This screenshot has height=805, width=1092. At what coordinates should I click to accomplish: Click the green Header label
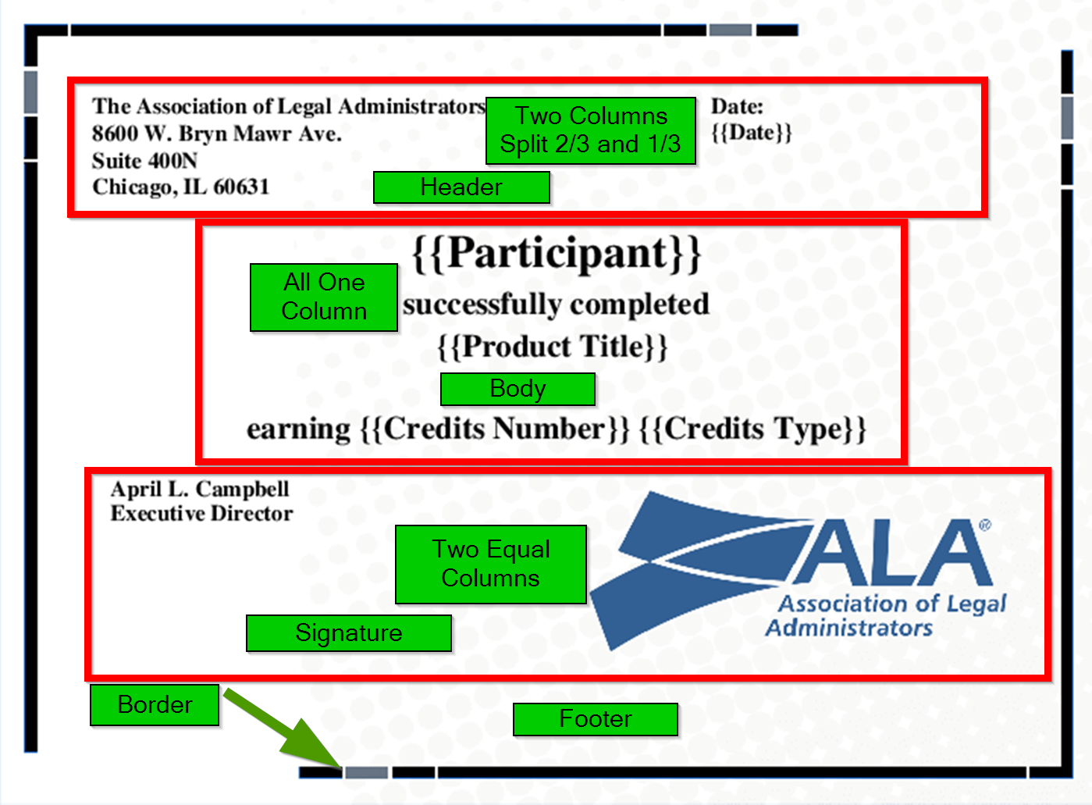click(x=461, y=187)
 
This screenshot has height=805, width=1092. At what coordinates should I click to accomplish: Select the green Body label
click(x=518, y=389)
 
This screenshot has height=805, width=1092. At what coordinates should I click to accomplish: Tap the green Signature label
click(x=348, y=632)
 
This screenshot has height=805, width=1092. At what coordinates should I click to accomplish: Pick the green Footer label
click(x=595, y=719)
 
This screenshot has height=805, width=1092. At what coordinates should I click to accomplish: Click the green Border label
click(x=155, y=705)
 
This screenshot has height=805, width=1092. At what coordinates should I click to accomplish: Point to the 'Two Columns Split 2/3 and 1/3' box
click(x=590, y=130)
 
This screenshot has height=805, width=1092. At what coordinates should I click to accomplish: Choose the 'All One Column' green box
click(x=323, y=297)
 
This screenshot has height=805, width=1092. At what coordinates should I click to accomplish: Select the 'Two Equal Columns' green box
click(x=490, y=564)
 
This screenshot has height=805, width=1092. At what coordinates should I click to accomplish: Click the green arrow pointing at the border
click(x=281, y=727)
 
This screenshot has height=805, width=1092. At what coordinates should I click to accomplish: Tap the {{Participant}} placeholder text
click(x=556, y=254)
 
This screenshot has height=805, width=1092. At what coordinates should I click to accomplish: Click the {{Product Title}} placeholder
click(x=553, y=346)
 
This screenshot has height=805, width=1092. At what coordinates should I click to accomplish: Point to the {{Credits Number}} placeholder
click(x=494, y=429)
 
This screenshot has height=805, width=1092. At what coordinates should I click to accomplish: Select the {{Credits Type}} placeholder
click(x=752, y=429)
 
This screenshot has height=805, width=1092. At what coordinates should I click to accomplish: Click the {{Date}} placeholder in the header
click(x=751, y=132)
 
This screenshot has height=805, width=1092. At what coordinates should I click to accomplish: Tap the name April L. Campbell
click(x=200, y=490)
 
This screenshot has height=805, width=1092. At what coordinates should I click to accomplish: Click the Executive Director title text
click(x=201, y=514)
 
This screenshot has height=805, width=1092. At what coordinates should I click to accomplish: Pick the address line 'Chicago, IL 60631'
click(x=180, y=187)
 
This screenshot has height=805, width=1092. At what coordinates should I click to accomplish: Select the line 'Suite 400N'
click(x=144, y=161)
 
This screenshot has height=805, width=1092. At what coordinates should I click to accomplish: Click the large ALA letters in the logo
click(x=894, y=554)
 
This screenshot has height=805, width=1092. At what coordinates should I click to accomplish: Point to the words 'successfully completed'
click(x=556, y=305)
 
